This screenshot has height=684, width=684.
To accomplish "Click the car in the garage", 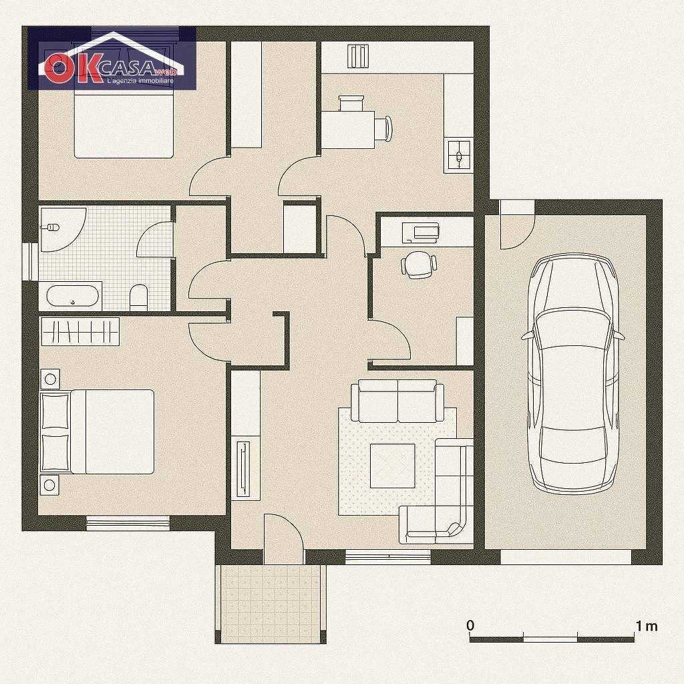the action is pos(574,373).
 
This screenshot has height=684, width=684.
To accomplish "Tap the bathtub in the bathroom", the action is pos(72,296).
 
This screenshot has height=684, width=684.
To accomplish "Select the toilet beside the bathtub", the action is pos(139,297).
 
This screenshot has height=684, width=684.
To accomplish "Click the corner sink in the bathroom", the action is pos(57,227).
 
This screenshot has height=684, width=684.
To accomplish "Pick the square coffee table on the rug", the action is pos(392,466).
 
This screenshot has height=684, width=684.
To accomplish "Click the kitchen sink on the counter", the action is pos(458,155).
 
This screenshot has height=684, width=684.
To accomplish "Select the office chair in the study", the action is pos(419,265).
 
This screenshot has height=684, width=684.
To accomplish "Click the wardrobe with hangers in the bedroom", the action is pos(80,331).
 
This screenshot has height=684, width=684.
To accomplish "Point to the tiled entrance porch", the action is pos(271,603).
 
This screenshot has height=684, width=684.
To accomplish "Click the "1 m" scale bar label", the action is pos(646,626).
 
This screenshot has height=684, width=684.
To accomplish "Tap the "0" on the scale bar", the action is pos(470,625).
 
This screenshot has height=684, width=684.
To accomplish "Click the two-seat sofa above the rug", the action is pos(397,401).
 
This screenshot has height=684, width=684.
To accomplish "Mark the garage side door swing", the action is pos(517,224).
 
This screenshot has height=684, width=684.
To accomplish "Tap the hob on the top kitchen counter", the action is pos(359,56).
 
